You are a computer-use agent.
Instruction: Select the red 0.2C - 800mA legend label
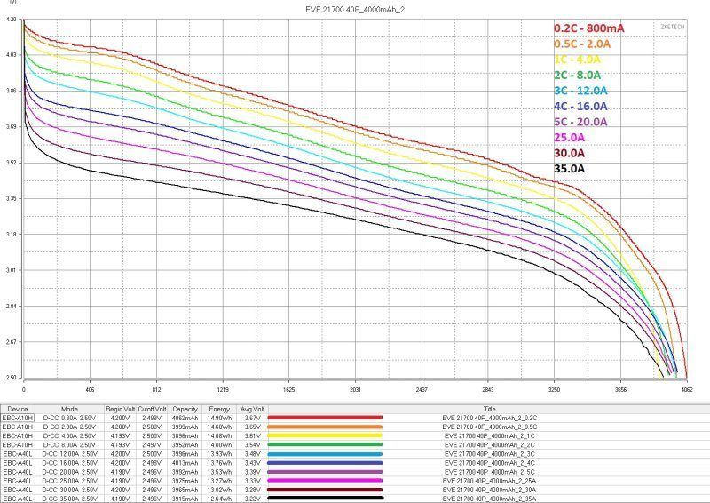coord(588,28)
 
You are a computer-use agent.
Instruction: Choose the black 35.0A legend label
coord(569,168)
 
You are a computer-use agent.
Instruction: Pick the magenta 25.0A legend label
coord(569,137)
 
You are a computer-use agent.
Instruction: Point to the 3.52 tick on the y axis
coord(12,163)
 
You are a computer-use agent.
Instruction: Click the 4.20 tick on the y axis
coord(12,19)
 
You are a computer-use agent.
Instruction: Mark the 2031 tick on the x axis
coord(355,389)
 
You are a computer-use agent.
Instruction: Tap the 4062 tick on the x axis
coord(687,389)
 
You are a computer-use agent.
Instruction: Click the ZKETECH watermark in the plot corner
coord(672,27)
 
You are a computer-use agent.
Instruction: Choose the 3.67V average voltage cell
coord(252,417)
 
